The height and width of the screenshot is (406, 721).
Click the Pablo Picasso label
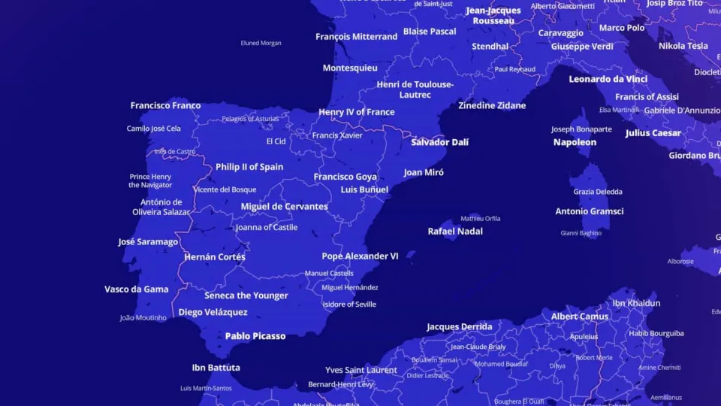tap(255, 336)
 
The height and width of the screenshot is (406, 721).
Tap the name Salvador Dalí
tap(439, 142)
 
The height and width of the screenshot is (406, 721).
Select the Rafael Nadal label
tap(455, 232)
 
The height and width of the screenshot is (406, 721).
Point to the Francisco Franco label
tap(165, 106)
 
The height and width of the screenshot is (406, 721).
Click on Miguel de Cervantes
tap(284, 207)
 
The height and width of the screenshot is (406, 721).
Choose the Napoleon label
tap(575, 142)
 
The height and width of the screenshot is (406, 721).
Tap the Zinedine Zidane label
tap(492, 106)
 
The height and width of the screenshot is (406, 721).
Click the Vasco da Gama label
tap(136, 289)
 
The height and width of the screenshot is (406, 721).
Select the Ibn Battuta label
tap(216, 368)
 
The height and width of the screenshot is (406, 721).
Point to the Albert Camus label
tap(579, 317)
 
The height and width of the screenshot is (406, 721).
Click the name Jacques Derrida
tap(460, 327)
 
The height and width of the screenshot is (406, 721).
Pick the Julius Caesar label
tap(653, 133)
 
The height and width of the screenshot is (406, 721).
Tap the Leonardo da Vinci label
tap(608, 79)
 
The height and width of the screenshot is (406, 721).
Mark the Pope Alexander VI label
tap(360, 256)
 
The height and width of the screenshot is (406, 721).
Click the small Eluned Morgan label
tap(261, 43)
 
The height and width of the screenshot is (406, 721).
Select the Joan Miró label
tap(424, 172)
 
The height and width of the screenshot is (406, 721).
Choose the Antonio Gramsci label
tap(589, 211)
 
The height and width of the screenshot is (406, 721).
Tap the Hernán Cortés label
tap(215, 257)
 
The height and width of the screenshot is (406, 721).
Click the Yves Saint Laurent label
tap(361, 370)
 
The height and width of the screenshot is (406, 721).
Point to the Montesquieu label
tap(350, 68)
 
